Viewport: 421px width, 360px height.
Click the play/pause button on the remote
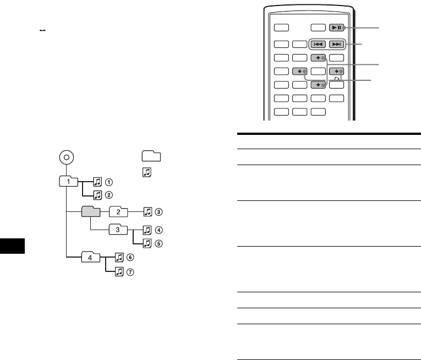coord(336,26)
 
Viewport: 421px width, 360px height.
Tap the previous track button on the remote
coord(317,43)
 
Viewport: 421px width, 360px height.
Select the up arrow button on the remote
coord(317,58)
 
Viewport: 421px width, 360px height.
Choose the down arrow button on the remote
coord(317,85)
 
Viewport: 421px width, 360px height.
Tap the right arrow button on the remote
coord(336,72)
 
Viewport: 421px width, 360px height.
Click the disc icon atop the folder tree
coord(65,156)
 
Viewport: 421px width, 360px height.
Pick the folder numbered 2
coord(119,211)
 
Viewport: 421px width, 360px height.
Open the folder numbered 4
coord(90,256)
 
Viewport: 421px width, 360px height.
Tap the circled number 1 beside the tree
coord(110,181)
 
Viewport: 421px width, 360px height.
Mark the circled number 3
coord(159,212)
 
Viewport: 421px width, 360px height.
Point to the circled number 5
coord(159,243)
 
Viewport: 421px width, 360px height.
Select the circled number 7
coord(131,271)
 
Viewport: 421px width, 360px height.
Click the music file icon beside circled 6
coord(119,257)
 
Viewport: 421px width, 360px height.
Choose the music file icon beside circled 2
coord(97,194)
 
